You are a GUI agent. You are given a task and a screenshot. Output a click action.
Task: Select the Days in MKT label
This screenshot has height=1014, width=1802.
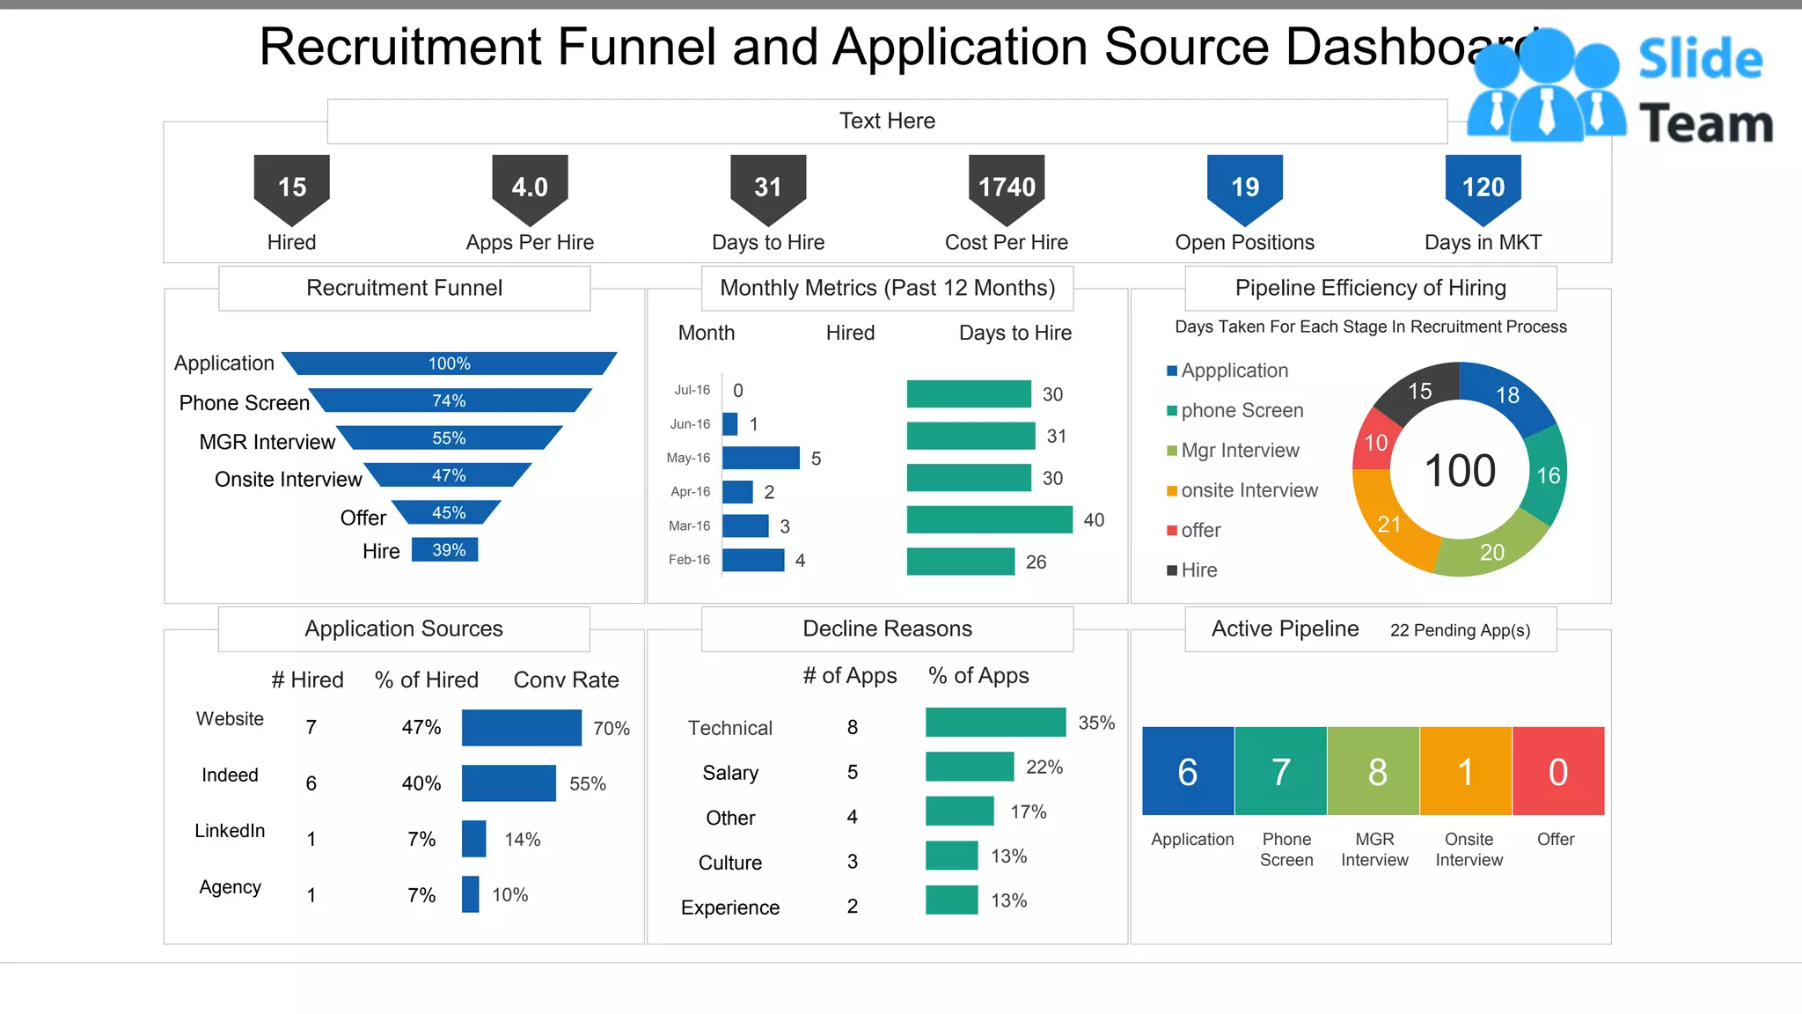[1483, 242]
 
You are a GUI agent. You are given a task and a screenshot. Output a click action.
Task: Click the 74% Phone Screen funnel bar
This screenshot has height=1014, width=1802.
[449, 400]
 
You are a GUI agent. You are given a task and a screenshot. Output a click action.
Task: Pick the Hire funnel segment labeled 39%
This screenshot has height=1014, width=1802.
[445, 550]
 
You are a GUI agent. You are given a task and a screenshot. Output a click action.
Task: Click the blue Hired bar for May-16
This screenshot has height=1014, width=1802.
[760, 458]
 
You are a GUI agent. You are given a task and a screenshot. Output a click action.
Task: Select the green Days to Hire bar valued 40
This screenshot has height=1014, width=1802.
[989, 519]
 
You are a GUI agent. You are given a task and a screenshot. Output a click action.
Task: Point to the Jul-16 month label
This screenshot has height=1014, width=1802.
[692, 390]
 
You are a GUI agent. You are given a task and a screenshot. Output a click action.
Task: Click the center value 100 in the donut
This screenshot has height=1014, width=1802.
[1460, 471]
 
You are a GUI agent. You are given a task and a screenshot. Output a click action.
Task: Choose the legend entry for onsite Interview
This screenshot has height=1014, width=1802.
[1249, 490]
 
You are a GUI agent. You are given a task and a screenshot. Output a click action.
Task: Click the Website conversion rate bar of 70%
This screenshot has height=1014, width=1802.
[521, 728]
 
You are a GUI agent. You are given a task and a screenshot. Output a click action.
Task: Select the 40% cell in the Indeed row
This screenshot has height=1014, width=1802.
[421, 783]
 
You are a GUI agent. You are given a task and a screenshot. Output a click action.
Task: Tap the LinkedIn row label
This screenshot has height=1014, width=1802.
[230, 831]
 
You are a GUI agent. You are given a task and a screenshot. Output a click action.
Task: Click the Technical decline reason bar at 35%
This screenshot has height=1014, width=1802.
[995, 723]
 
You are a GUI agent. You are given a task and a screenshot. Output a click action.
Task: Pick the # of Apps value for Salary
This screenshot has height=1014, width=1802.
[852, 772]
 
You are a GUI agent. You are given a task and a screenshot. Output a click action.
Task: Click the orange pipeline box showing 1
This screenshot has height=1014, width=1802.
[1465, 771]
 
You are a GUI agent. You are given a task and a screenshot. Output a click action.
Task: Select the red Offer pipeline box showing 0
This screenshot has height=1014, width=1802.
[1557, 771]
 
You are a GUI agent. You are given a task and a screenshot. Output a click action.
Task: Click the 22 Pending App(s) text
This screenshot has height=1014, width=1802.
[1460, 630]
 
